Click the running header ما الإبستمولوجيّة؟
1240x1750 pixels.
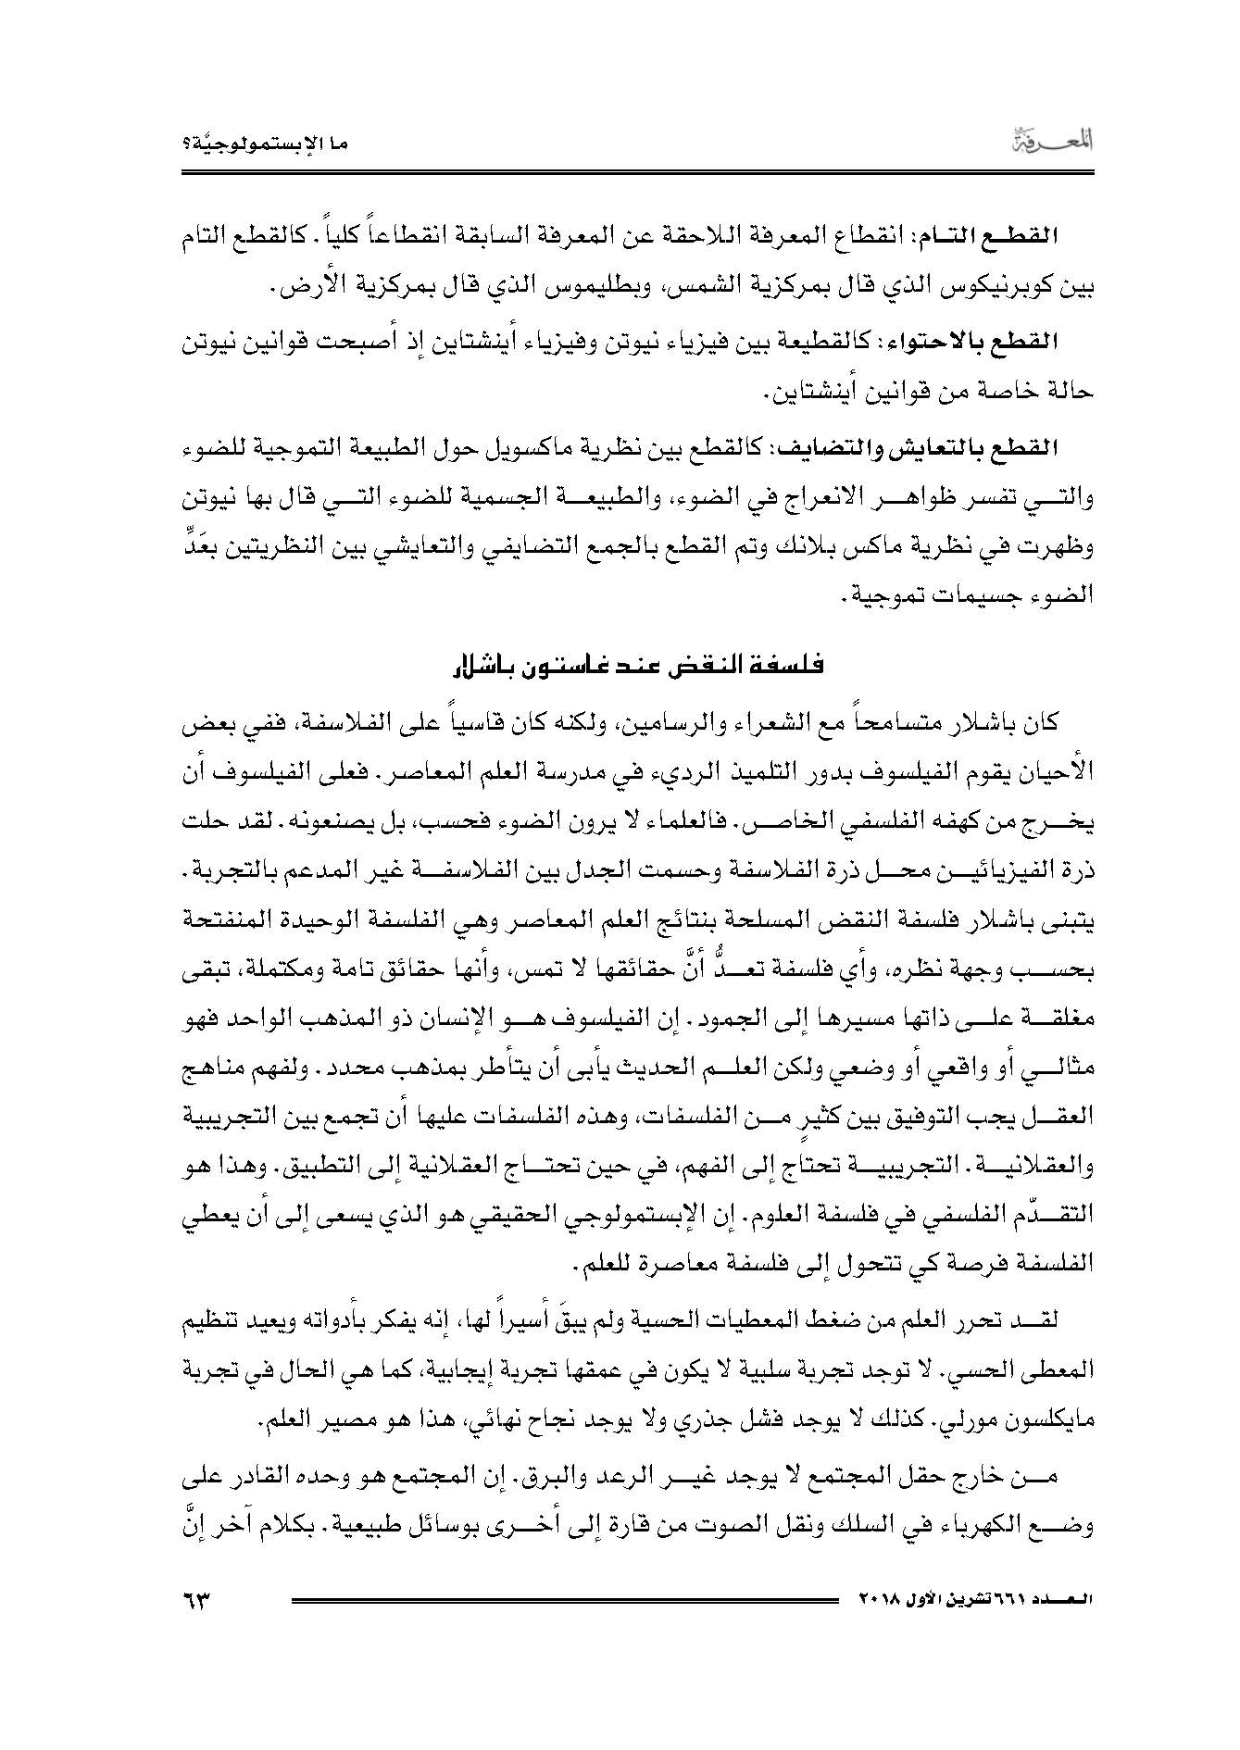263,146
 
